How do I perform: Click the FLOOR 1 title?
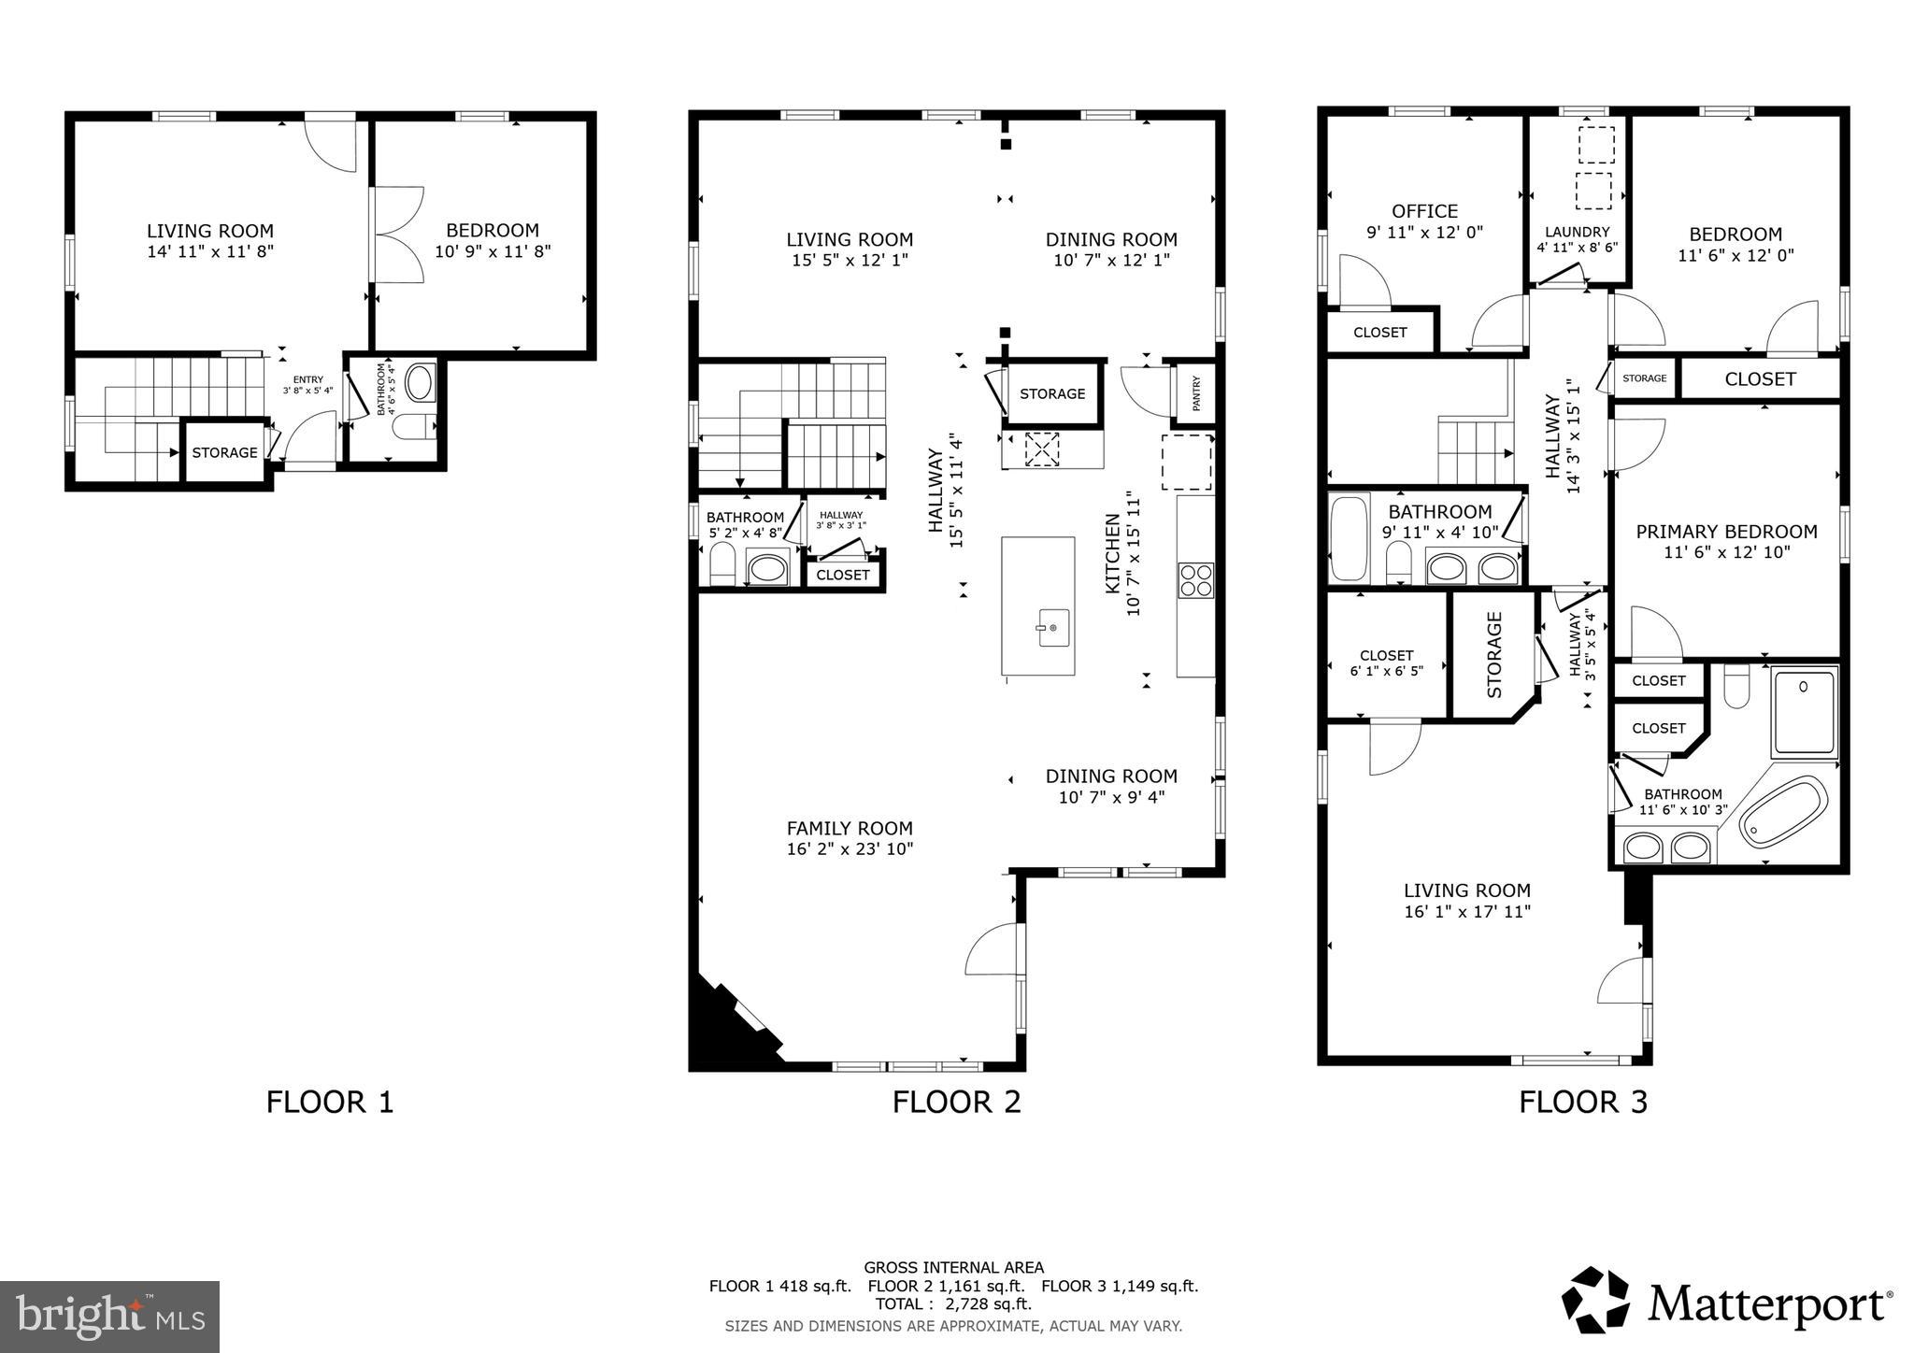point(330,1102)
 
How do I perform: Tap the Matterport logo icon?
point(1596,1300)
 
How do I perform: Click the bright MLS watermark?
point(109,1317)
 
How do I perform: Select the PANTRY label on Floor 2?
point(1196,393)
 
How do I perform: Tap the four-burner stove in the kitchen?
point(1195,579)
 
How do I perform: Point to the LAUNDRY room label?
point(1577,233)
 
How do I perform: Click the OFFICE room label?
point(1424,211)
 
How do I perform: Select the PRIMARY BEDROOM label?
point(1725,532)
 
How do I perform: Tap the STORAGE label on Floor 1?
point(224,452)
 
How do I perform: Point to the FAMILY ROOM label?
point(849,828)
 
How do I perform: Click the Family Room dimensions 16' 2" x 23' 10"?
point(849,849)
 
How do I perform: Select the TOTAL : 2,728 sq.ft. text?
point(952,1304)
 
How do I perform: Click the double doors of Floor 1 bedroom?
point(397,235)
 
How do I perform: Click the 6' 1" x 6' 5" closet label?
point(1386,671)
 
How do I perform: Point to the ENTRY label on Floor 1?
point(307,380)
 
